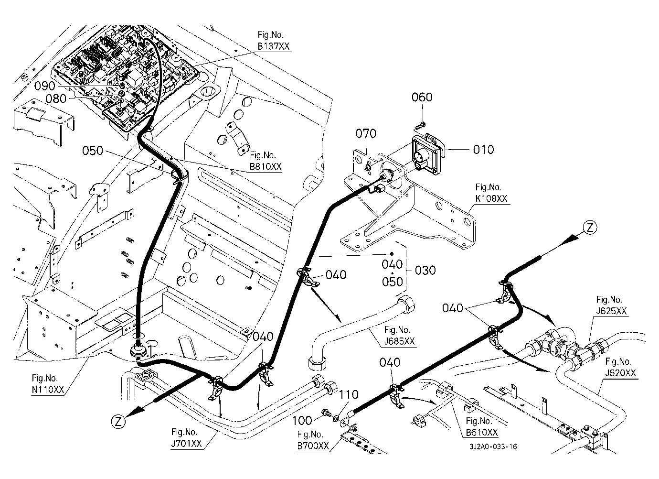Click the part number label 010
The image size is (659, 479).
483,150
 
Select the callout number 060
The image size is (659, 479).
422,97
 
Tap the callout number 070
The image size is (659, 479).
366,134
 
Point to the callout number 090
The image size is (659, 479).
45,86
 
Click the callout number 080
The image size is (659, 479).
56,98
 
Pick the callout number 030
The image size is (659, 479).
425,271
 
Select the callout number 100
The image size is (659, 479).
302,421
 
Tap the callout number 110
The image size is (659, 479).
349,395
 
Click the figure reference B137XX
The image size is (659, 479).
274,46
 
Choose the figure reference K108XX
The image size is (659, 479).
491,198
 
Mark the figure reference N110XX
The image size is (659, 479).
48,390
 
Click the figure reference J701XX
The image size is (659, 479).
187,443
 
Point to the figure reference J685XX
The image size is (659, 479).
400,341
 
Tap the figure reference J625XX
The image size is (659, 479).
611,311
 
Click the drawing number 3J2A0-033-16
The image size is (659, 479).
493,446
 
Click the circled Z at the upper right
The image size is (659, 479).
590,228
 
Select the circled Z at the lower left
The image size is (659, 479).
118,422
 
